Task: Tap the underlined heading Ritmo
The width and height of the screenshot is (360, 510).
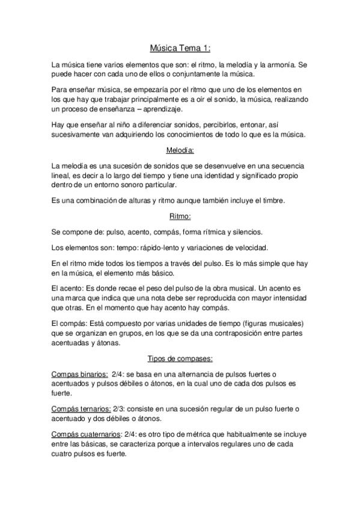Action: point(180,216)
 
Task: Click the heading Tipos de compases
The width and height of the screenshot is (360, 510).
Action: point(180,359)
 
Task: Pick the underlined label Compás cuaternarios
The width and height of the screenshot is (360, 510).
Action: point(85,434)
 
